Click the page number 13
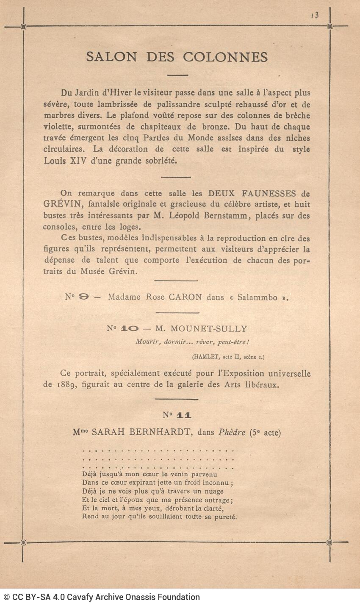point(315,15)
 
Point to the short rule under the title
point(177,75)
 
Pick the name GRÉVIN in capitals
point(58,204)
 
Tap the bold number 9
point(84,297)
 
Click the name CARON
point(186,297)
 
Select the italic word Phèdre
point(232,433)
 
